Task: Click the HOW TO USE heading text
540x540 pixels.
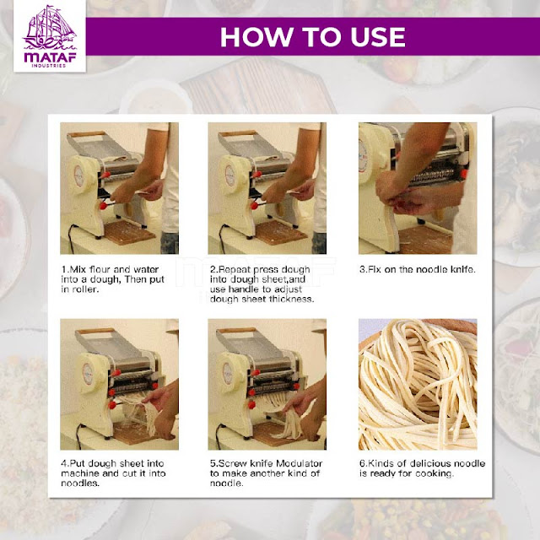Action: point(313,36)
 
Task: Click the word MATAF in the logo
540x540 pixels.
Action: point(50,57)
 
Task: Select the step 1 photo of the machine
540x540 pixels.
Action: point(119,188)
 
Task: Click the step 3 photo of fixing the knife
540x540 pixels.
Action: point(418,188)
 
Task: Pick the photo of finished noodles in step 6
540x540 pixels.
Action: point(418,385)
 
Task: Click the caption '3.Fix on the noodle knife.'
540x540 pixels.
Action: point(418,269)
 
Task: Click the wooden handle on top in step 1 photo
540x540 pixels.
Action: point(87,134)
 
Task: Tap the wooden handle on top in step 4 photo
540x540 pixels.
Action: point(95,332)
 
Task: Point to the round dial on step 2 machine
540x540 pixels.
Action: point(229,175)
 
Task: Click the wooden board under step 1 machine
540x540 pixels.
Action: point(129,233)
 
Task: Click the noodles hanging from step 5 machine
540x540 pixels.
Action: point(283,418)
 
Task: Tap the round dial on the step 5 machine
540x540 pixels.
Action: point(227,373)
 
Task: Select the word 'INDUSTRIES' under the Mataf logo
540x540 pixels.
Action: point(49,66)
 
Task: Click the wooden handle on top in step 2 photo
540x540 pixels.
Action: point(238,133)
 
